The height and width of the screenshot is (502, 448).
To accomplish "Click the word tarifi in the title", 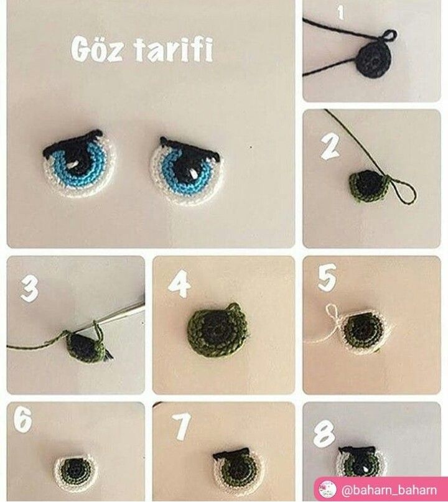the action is tap(173, 50).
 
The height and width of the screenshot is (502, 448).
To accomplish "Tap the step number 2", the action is tap(330, 146).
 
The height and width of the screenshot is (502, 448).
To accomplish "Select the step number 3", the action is tap(29, 289).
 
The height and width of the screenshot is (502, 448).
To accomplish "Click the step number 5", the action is tap(327, 277).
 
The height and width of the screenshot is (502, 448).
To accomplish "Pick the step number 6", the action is tap(23, 419).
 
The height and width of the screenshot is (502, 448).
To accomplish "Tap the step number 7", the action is tap(182, 426).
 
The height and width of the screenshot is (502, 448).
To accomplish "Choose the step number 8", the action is tap(324, 434).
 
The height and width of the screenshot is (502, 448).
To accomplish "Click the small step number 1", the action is tap(340, 13).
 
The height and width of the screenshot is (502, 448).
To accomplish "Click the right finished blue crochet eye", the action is tap(188, 170).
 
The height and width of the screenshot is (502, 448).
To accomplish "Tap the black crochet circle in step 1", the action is tap(373, 60).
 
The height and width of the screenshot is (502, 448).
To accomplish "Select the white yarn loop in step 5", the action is tap(332, 312).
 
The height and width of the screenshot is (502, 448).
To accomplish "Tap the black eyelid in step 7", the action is tap(231, 455).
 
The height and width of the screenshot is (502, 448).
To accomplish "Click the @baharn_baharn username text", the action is tap(389, 490).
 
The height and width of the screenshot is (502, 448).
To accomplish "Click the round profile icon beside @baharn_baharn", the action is tap(327, 490).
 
